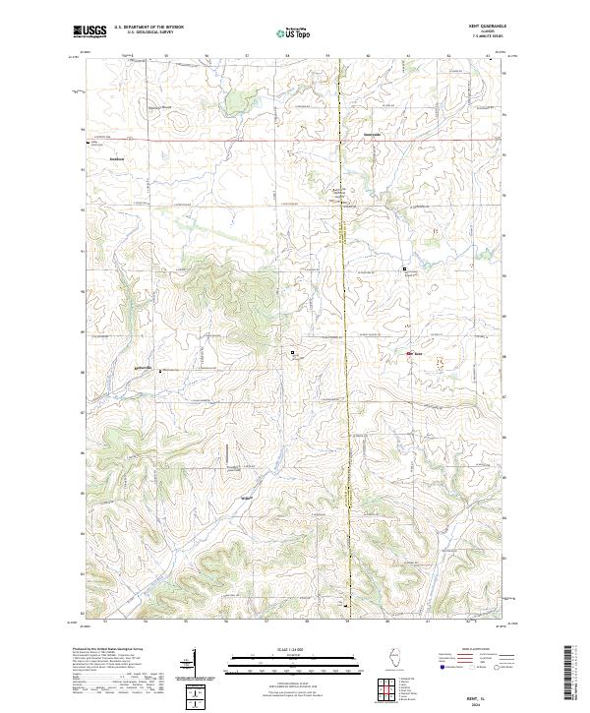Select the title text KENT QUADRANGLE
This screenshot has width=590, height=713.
coord(488,26)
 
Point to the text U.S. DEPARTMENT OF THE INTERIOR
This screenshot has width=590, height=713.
coord(148,28)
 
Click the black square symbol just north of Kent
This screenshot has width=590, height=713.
coord(403,268)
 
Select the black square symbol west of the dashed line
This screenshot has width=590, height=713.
coord(292,351)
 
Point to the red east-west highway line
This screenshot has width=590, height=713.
coord(246,140)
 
